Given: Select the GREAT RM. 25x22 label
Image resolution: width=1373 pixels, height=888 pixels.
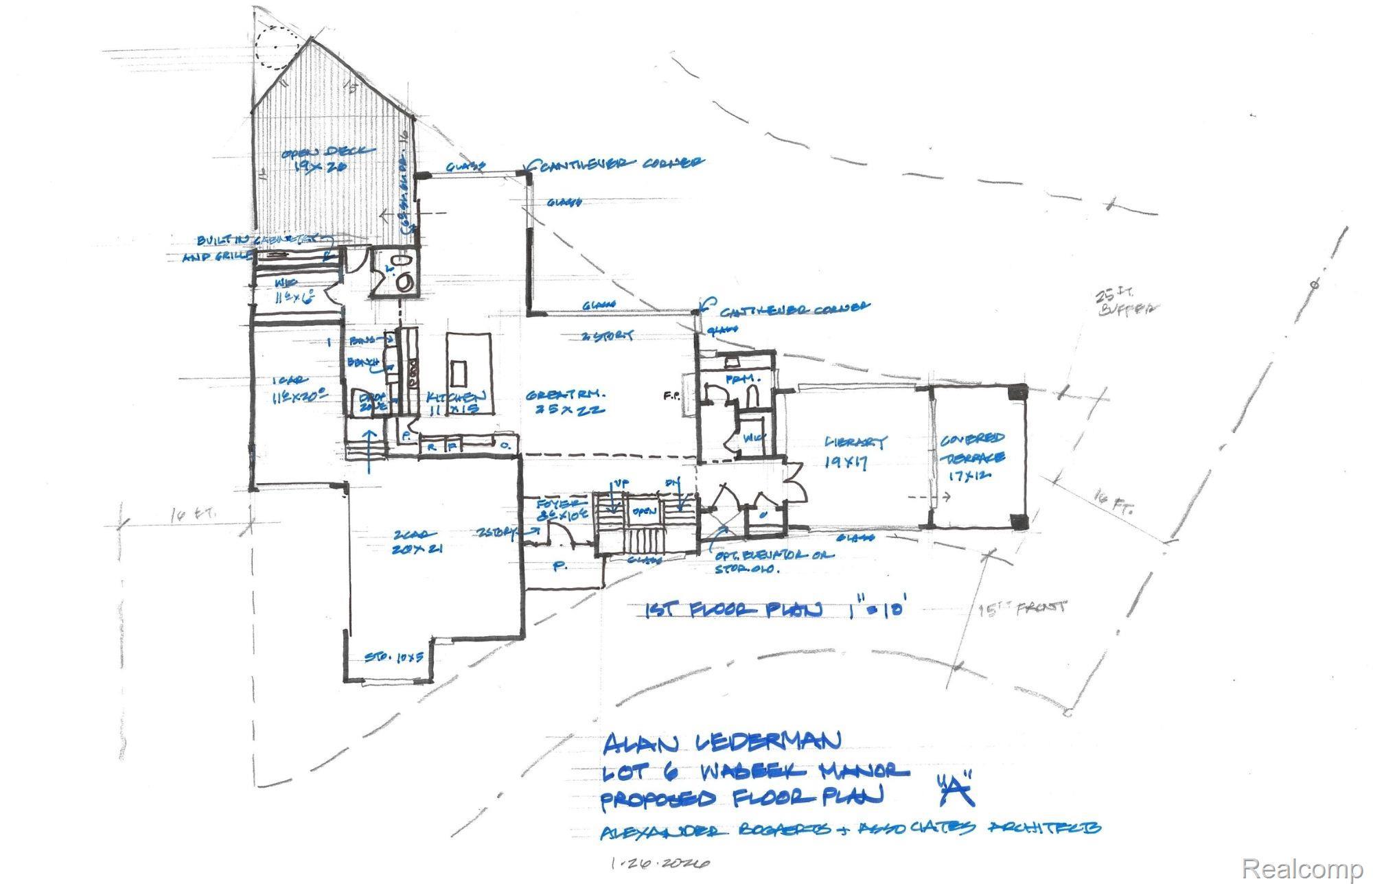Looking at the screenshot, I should (566, 402).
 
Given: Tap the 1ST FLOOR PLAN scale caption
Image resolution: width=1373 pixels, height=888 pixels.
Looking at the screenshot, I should (779, 609).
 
